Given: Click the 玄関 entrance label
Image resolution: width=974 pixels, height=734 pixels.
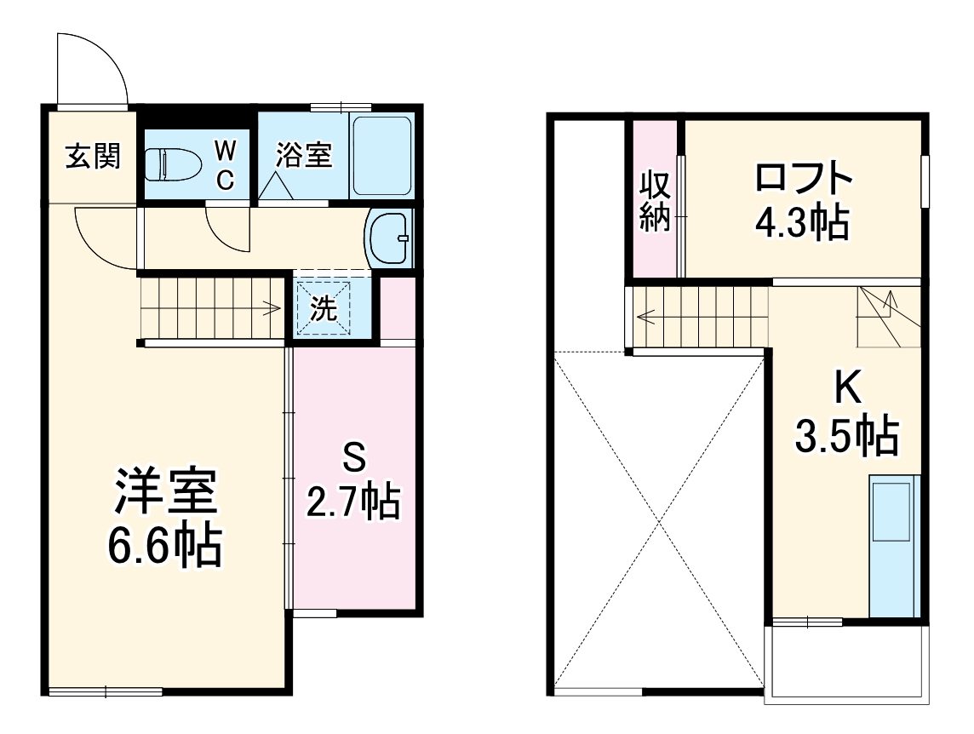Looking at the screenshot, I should click(93, 157).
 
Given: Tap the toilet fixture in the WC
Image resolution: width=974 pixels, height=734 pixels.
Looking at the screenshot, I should click(171, 164).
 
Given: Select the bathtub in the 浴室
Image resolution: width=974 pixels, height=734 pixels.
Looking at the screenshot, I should click(381, 156).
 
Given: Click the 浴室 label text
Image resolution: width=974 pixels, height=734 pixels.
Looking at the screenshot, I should click(304, 156).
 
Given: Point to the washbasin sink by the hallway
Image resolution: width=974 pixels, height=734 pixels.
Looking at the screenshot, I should click(388, 238).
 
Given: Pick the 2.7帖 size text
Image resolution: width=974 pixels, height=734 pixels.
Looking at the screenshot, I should click(353, 501).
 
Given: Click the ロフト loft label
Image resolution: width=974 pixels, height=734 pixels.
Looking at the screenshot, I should click(803, 178).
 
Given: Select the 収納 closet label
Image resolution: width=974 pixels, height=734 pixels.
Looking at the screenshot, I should click(655, 201).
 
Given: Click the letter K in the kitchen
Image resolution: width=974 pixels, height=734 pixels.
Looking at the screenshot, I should click(845, 389).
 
